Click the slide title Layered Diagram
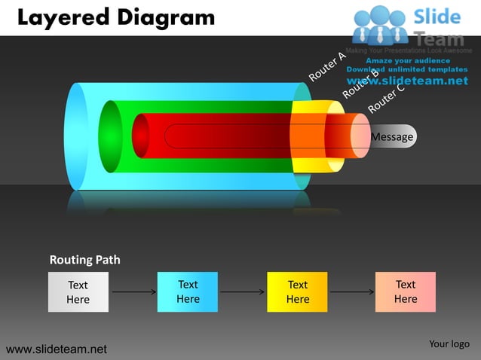point(115,17)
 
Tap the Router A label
point(326,66)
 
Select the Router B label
point(360,84)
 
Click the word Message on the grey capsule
point(392,136)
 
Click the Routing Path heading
point(84,260)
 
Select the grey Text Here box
point(78,292)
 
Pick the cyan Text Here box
point(188,291)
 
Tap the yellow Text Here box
point(297,291)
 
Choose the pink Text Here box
point(406,291)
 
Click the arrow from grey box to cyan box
point(133,291)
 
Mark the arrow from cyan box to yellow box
point(242,291)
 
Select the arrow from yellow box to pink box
point(351,291)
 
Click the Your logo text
point(449,344)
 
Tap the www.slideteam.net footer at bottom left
point(57,349)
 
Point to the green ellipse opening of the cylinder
point(110,136)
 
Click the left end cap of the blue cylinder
point(77,136)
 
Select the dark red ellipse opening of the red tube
point(140,136)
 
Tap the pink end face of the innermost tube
point(360,136)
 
